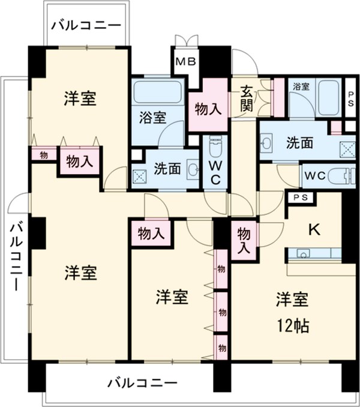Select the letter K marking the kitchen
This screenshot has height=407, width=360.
(x=313, y=229)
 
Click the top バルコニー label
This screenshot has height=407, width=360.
(x=86, y=25)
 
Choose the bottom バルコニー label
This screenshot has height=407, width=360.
(x=143, y=382)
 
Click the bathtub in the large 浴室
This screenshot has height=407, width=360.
(x=158, y=91)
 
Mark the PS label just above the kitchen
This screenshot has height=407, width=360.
(x=301, y=197)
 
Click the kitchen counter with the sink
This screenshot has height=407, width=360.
(x=314, y=253)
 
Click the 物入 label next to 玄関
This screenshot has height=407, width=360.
(x=208, y=109)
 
